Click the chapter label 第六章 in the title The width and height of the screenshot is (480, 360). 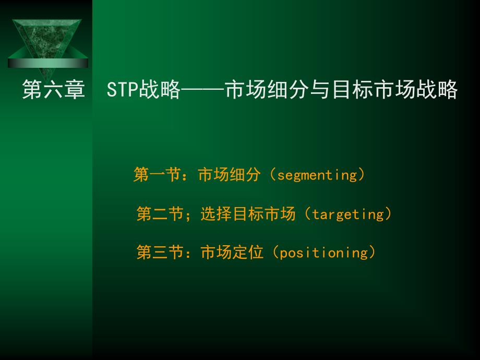53,89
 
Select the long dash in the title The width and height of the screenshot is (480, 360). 202,89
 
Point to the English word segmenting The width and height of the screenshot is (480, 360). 317,175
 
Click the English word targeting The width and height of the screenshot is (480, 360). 348,214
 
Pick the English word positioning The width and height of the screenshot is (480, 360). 324,253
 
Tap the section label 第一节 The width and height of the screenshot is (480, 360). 157,174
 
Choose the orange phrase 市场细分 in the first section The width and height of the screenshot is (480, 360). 229,174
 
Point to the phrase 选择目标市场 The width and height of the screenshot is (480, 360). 248,213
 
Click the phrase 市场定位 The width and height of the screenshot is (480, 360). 232,252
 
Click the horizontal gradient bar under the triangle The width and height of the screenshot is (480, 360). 48,63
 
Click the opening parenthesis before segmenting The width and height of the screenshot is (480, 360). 273,174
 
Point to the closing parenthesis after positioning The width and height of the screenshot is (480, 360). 372,252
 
